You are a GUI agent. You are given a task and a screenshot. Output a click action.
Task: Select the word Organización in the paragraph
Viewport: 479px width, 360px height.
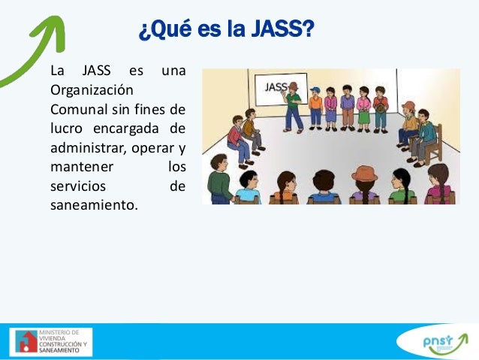pos(82,89)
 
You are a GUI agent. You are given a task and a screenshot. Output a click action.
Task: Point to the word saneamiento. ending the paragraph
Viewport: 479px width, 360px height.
pos(94,204)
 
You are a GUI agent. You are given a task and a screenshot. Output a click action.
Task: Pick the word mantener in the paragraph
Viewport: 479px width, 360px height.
pos(76,165)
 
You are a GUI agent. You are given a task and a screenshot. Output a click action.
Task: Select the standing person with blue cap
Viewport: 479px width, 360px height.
pos(315,107)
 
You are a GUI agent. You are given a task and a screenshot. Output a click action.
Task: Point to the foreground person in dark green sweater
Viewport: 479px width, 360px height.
pos(220,180)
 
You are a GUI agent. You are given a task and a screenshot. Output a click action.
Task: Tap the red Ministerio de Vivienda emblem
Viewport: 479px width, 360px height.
pos(27,341)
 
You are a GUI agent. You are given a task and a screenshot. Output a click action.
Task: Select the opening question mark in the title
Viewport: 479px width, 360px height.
pos(143,32)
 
